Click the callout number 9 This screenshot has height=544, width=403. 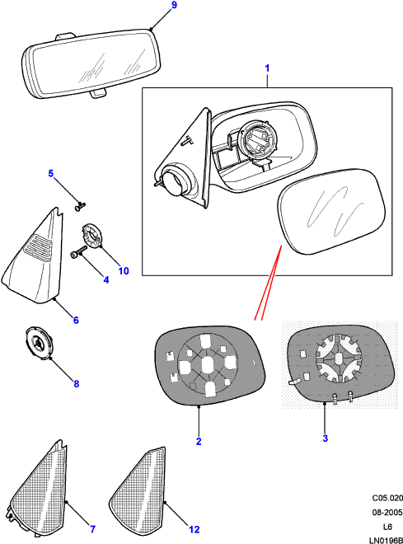coord(174,5)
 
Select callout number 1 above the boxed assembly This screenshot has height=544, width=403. coord(267,68)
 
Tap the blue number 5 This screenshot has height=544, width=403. coord(51,173)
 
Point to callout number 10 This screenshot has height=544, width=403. coord(124,271)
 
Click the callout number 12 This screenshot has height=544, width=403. coord(194,529)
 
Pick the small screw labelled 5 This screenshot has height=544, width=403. coord(81,206)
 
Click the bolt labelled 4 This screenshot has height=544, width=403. coord(79,252)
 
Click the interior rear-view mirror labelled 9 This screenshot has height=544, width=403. coord(91,63)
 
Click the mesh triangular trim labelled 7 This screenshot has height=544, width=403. coord(37,490)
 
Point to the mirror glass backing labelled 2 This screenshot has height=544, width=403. coord(209,365)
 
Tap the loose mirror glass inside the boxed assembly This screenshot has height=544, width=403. coord(332,212)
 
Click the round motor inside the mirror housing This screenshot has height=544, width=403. coord(255,139)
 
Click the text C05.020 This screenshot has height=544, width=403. coord(387,498)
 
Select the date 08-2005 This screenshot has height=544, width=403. coord(387,513)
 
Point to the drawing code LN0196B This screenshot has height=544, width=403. coord(386,540)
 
